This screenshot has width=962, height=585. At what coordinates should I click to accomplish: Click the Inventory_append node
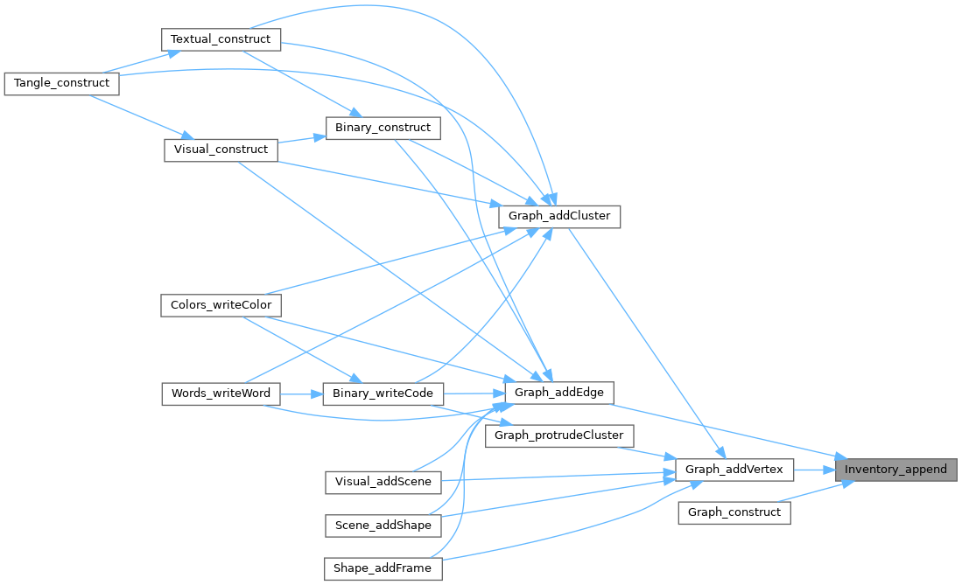(x=895, y=470)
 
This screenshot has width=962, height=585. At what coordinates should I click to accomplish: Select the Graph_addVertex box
(x=734, y=470)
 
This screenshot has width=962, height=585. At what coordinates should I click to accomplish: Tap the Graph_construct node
(x=734, y=512)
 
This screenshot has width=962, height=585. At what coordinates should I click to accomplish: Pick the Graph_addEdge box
(x=558, y=392)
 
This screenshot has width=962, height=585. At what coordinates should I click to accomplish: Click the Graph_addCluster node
(x=558, y=216)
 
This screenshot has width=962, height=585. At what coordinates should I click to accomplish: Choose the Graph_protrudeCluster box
(x=558, y=435)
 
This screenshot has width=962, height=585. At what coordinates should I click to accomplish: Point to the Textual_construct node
(x=221, y=39)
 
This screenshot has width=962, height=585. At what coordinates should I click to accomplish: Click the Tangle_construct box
(x=61, y=83)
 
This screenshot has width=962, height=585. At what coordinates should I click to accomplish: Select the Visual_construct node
(x=221, y=150)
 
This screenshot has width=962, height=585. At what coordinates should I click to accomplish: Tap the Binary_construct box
(x=383, y=128)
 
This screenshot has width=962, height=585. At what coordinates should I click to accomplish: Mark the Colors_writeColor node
(x=221, y=305)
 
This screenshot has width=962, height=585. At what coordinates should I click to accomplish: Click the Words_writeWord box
(x=221, y=393)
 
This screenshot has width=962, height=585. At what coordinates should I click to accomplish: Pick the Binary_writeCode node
(x=383, y=393)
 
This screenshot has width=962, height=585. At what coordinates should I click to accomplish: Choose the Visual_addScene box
(x=383, y=482)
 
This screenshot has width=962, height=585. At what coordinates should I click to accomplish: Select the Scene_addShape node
(x=383, y=526)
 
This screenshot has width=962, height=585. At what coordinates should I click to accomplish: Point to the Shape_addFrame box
(x=383, y=568)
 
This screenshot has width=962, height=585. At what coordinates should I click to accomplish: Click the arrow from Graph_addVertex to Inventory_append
(x=814, y=470)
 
